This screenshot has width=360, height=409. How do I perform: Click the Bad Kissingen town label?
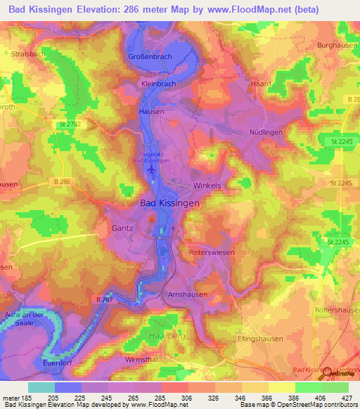(x=167, y=202)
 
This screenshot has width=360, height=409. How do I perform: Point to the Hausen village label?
(x=151, y=112)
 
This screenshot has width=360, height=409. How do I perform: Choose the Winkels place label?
(x=206, y=186)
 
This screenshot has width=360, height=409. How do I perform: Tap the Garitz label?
(x=122, y=228)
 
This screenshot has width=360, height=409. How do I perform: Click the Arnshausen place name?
(x=186, y=294)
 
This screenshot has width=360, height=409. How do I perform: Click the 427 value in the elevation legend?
(x=347, y=397)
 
